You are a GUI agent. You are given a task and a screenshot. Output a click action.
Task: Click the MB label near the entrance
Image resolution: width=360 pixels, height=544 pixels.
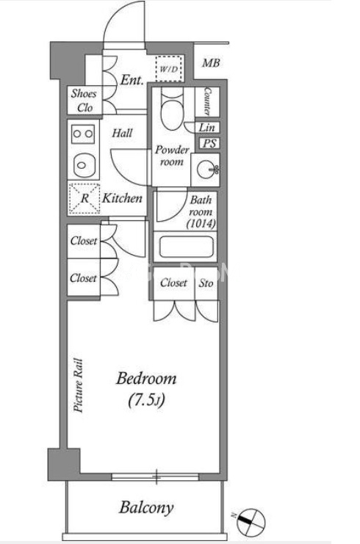(x=211, y=63)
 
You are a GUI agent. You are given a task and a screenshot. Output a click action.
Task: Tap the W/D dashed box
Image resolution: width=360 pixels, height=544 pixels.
(x=169, y=68)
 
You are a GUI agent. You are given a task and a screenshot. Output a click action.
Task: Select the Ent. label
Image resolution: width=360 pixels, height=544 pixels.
(x=132, y=80)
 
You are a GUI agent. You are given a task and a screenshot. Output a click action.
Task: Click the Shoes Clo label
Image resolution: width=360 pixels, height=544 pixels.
(x=84, y=101)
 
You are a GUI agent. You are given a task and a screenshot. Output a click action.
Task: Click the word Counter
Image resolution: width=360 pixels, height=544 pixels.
(x=207, y=101)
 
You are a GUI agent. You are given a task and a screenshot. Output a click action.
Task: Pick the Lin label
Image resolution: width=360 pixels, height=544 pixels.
(x=206, y=127)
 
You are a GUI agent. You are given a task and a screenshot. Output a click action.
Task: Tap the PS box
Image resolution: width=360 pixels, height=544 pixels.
(x=209, y=143)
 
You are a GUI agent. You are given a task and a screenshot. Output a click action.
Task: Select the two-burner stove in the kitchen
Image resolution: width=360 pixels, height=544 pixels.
(x=83, y=134)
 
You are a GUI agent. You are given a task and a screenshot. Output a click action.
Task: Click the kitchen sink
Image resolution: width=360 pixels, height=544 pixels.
(x=83, y=164)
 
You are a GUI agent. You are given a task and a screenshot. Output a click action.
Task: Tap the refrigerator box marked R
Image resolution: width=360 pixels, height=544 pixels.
(x=84, y=198)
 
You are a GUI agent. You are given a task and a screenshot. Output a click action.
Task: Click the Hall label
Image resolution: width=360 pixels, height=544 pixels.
(x=122, y=133)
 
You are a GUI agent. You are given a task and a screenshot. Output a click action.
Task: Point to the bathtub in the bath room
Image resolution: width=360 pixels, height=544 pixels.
(x=186, y=247)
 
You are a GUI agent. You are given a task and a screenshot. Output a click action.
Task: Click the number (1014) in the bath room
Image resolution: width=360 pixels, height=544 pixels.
(x=201, y=224)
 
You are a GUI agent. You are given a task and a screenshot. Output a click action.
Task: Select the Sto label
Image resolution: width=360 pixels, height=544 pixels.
(x=206, y=283)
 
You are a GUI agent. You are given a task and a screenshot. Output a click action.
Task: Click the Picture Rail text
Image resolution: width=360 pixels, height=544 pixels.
(x=79, y=385)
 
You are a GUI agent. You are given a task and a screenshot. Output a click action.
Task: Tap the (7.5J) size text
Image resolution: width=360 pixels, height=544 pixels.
(x=146, y=400)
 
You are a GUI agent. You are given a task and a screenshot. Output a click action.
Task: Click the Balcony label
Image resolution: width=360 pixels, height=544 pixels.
(x=146, y=508)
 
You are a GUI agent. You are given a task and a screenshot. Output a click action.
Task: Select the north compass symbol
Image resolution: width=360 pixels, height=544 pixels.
(x=251, y=521)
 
